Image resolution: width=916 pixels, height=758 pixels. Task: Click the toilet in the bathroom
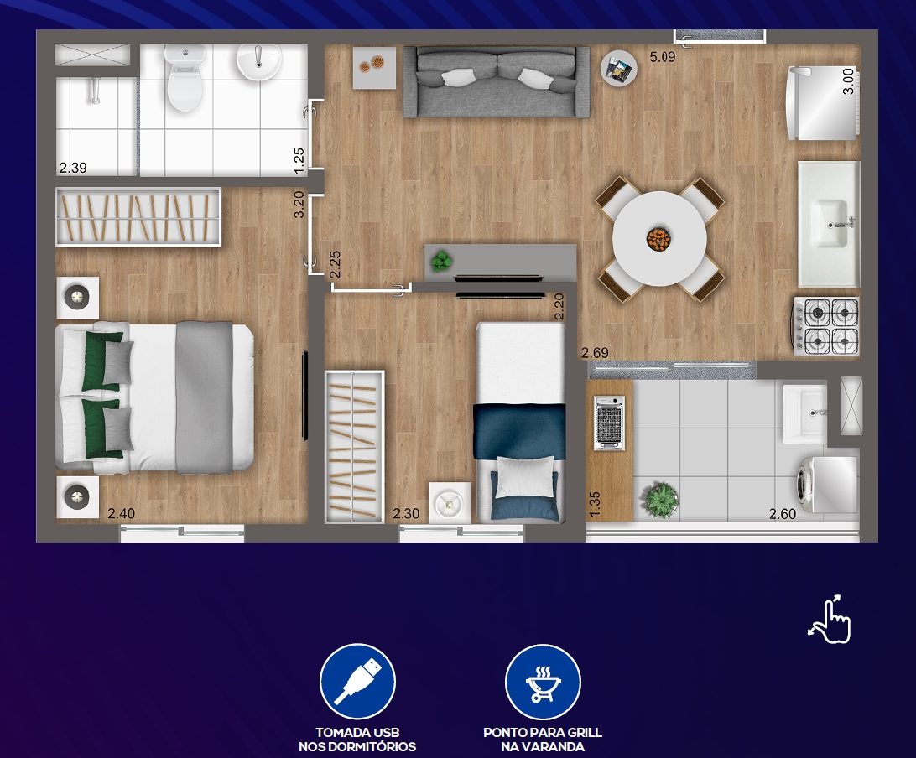coord(185,79)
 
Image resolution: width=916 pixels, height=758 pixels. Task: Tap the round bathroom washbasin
coord(259,62)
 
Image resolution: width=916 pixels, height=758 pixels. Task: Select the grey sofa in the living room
coord(497,82)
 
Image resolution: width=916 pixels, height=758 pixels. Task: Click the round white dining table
coord(659,238)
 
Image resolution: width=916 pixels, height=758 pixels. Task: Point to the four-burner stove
coord(826,326)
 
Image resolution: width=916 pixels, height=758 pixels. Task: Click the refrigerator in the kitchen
coord(823,103)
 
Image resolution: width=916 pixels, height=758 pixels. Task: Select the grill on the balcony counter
coord(609,423)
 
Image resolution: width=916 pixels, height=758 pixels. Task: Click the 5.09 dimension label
coord(663,57)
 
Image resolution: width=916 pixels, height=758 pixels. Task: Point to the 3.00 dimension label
coord(848,80)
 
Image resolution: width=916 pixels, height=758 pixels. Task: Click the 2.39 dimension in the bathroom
coord(73,168)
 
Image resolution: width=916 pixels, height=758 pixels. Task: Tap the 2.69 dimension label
coord(595,353)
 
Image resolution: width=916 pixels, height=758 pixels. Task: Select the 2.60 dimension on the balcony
coord(783,514)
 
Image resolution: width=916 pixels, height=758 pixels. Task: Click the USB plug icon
coord(357,682)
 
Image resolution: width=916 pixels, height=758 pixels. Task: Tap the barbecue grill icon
coord(543,682)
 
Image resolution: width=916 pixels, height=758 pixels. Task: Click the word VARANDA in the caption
coord(542,747)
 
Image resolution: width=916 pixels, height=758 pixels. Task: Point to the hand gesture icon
coord(830,620)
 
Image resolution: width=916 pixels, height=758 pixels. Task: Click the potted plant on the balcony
coord(660,499)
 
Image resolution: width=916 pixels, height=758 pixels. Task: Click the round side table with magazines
coord(619,68)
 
